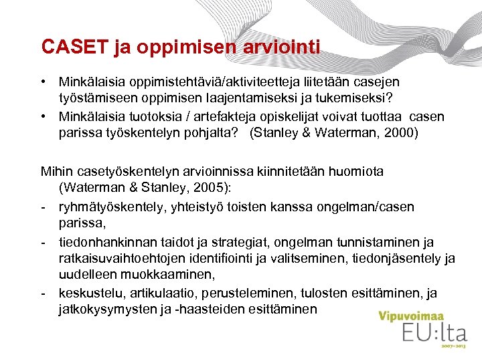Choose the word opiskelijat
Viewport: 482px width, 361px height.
click(x=282, y=117)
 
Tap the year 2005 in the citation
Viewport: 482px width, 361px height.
click(x=214, y=187)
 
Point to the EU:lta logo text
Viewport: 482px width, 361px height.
click(x=429, y=334)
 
